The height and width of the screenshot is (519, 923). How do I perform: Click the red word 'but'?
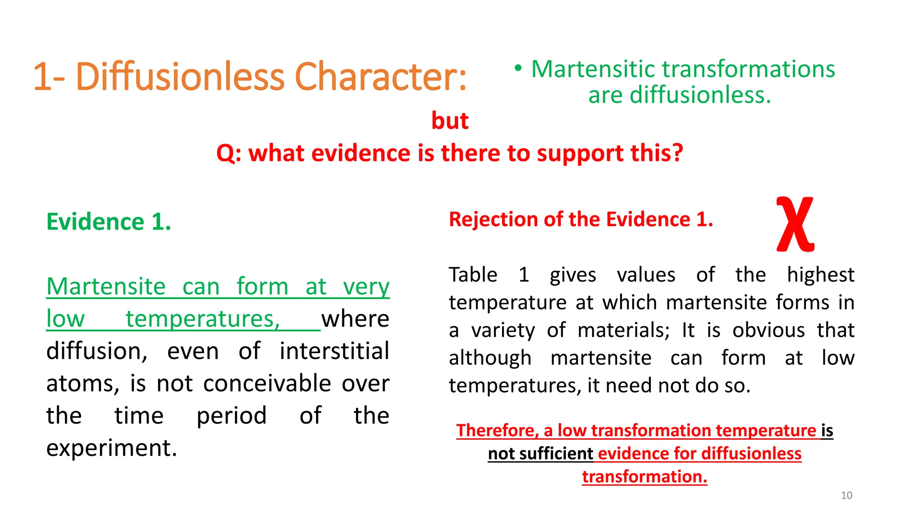pyautogui.click(x=450, y=121)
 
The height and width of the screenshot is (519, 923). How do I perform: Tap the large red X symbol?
pyautogui.click(x=795, y=224)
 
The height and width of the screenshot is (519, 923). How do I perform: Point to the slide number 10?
pyautogui.click(x=846, y=496)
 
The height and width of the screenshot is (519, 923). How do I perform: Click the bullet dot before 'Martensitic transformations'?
pyautogui.click(x=518, y=68)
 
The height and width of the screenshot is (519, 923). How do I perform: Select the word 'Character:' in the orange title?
pyautogui.click(x=380, y=77)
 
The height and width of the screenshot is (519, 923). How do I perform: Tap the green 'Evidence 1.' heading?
pyautogui.click(x=109, y=222)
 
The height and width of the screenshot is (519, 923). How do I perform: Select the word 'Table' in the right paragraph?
pyautogui.click(x=473, y=275)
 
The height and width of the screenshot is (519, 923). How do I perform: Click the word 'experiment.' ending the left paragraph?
pyautogui.click(x=112, y=448)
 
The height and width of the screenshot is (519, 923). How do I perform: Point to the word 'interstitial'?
pyautogui.click(x=334, y=351)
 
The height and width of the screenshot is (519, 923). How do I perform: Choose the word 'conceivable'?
pyautogui.click(x=267, y=383)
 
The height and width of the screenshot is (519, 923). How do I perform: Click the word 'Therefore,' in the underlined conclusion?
pyautogui.click(x=498, y=430)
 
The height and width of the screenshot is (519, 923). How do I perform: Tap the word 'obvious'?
pyautogui.click(x=768, y=330)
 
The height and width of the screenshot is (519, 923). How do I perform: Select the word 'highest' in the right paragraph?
pyautogui.click(x=820, y=275)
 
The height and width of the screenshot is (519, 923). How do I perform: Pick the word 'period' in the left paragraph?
pyautogui.click(x=232, y=415)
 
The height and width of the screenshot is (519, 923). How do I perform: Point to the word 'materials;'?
pyautogui.click(x=624, y=330)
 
